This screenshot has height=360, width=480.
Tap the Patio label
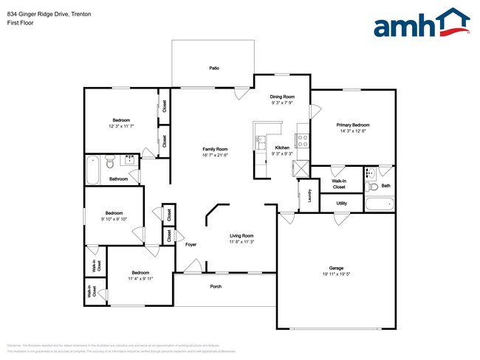tap(214, 68)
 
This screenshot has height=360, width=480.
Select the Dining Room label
tap(282, 97)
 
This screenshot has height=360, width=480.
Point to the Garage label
tap(336, 268)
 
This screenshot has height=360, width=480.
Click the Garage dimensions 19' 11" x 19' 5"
tap(336, 274)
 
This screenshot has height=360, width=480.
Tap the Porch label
tap(216, 286)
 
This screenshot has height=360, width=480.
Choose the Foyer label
tap(191, 244)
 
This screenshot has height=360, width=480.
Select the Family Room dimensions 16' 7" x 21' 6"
tap(215, 155)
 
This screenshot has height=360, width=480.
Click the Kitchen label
tap(282, 148)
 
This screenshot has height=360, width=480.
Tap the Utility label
tap(341, 203)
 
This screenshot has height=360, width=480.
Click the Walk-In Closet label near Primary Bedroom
tap(339, 184)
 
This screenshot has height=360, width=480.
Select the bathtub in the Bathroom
tap(92, 170)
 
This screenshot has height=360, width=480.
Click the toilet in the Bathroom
tap(109, 162)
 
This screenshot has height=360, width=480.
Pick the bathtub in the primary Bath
tap(379, 204)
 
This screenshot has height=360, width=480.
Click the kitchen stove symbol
tap(302, 138)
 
